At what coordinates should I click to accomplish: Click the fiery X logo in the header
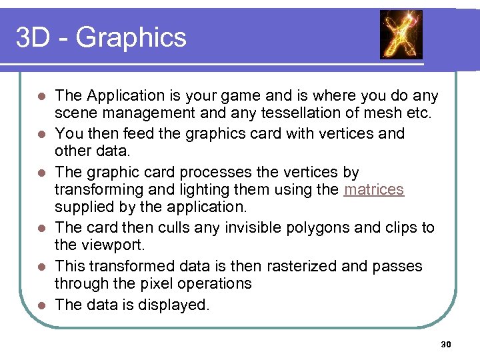pos(401,34)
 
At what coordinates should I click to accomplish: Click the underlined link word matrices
pos(374,189)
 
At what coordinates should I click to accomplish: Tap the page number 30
pos(446,345)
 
